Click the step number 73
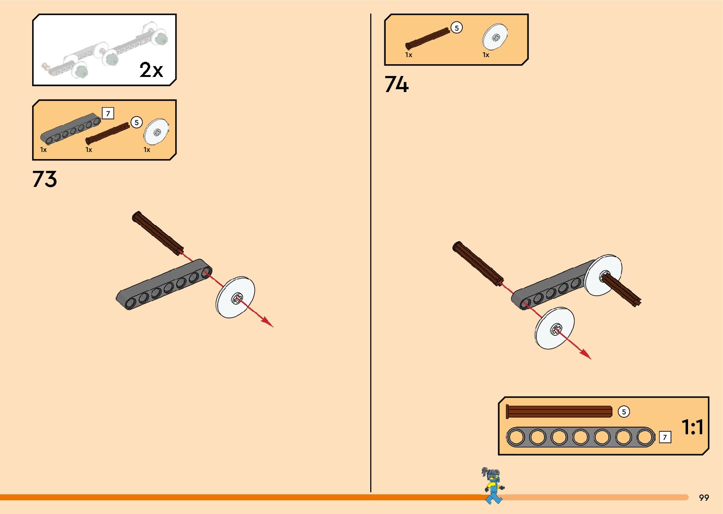[x=45, y=179]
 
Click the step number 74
[x=396, y=84]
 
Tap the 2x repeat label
[x=151, y=70]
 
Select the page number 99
[x=704, y=497]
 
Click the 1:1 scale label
[x=692, y=427]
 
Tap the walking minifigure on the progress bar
[x=493, y=485]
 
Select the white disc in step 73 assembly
[x=235, y=297]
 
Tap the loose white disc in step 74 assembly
[x=554, y=329]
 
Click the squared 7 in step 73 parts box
[x=108, y=114]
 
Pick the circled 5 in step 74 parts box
[x=456, y=28]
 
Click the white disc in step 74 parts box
[x=495, y=37]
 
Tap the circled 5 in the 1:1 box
[x=623, y=412]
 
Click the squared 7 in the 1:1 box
[x=664, y=438]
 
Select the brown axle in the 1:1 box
[x=559, y=412]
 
